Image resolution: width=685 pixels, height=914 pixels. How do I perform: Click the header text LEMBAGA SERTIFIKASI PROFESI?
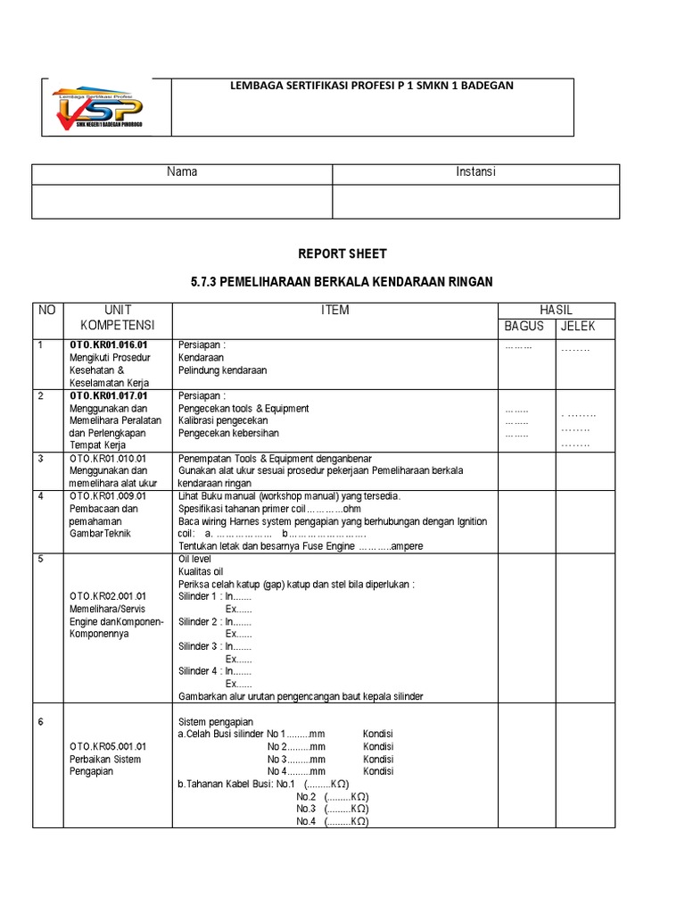click(372, 86)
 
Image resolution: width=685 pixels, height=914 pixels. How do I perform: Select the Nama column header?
click(182, 172)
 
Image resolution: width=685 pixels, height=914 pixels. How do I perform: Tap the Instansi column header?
click(475, 172)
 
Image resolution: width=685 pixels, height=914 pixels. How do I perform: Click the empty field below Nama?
click(182, 201)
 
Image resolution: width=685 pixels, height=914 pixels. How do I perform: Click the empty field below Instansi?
click(475, 201)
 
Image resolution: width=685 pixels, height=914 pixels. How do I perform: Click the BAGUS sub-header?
click(524, 327)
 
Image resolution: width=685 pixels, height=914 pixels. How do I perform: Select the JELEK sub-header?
click(577, 327)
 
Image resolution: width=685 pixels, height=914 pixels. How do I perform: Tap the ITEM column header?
click(334, 311)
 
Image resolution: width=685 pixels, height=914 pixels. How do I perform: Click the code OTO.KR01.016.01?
click(108, 345)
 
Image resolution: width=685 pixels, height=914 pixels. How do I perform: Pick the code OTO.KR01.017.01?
click(108, 395)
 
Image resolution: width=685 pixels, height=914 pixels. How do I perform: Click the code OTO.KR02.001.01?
click(108, 595)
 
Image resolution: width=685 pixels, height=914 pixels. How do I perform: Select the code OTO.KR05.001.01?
click(108, 746)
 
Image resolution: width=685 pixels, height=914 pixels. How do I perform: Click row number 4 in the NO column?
click(40, 496)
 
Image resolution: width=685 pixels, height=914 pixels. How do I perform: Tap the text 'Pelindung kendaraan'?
click(222, 370)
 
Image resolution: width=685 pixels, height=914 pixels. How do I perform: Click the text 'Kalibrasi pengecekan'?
click(223, 420)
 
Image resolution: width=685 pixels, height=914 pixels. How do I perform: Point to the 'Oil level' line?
click(194, 559)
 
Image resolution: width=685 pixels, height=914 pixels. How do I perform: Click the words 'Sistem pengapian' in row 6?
click(216, 721)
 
